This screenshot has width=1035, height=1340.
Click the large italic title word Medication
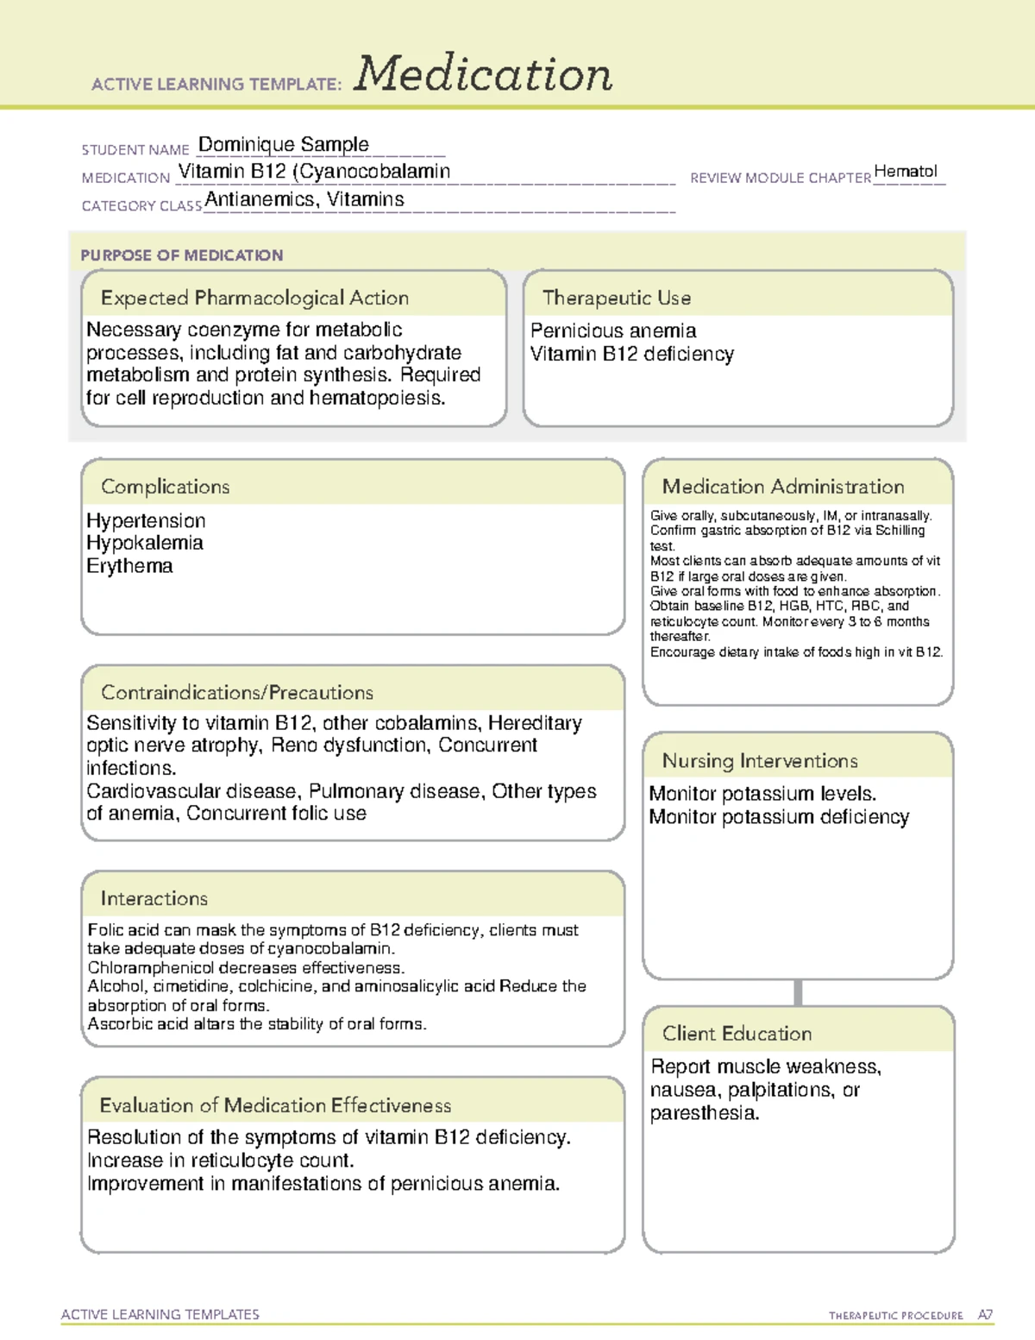[x=483, y=74]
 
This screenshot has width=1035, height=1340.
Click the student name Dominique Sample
[x=283, y=144]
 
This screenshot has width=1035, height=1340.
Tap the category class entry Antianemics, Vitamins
[x=304, y=199]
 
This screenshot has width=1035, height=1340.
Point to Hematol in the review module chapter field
[x=905, y=171]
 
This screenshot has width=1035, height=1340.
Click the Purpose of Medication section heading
[x=181, y=255]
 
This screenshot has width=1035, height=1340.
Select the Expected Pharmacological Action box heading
[x=254, y=298]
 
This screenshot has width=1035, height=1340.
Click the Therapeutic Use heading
[x=617, y=298]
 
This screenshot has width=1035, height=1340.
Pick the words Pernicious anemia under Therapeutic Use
[x=613, y=330]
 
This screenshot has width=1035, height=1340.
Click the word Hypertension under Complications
[x=146, y=521]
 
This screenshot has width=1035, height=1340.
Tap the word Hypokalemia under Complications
[x=145, y=544]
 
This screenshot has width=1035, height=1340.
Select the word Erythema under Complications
[x=129, y=566]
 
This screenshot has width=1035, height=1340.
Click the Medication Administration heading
[x=783, y=487]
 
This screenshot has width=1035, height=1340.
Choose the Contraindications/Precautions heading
[x=237, y=693]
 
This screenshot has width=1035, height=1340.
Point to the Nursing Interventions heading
[x=760, y=761]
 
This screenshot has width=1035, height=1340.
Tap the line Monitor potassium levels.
[x=762, y=794]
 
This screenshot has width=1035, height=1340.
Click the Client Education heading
[x=737, y=1034]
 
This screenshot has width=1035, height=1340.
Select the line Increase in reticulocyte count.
[x=221, y=1161]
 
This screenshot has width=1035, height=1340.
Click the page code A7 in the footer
[x=985, y=1315]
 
